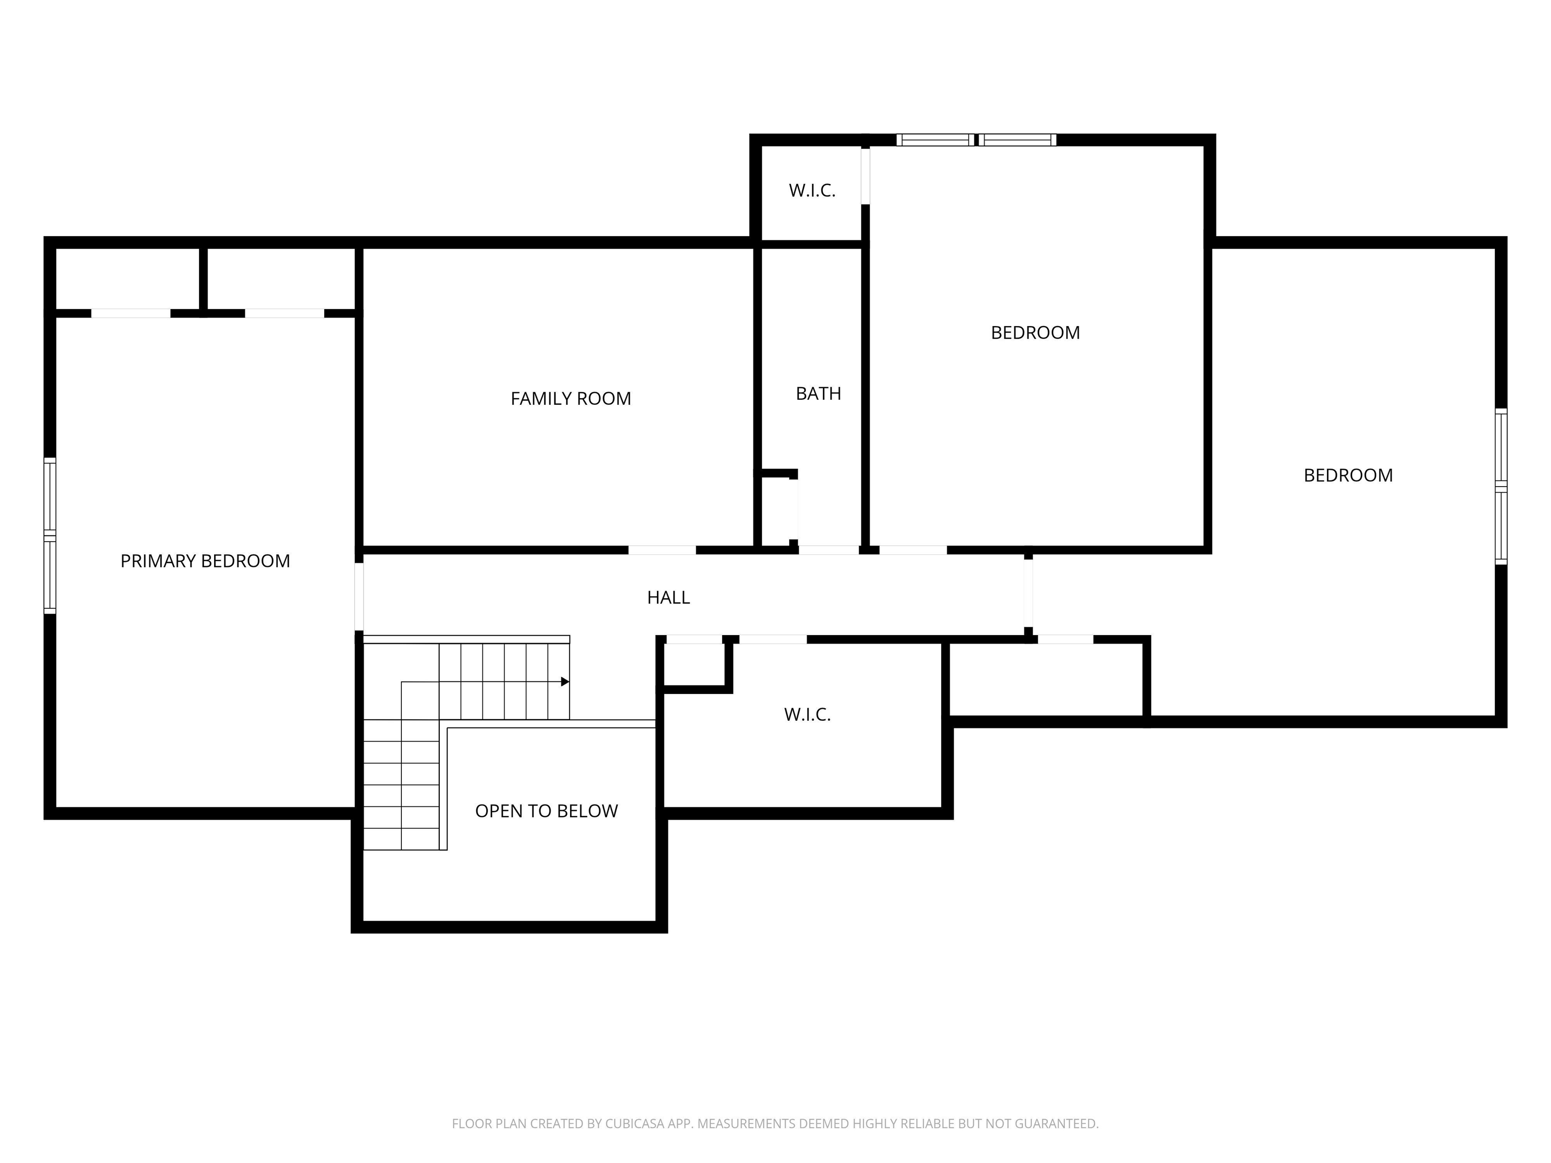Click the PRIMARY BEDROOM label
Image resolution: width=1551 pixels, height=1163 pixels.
(205, 561)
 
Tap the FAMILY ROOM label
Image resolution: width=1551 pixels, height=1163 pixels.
(570, 399)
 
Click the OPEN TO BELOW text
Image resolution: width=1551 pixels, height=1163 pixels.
(546, 811)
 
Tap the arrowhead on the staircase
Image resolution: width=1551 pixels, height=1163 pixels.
(564, 681)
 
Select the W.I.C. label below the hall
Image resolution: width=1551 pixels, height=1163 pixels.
(806, 714)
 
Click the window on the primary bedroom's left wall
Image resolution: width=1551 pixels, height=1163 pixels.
(50, 536)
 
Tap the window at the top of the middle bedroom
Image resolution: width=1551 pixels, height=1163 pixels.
(976, 139)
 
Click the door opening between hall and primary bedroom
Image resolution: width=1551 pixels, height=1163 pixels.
(359, 597)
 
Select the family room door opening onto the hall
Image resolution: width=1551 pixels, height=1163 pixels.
(661, 550)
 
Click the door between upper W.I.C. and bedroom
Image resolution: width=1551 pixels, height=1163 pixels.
(865, 176)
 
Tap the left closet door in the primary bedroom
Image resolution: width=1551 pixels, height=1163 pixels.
(130, 313)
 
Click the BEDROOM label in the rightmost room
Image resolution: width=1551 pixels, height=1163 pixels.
(1347, 475)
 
